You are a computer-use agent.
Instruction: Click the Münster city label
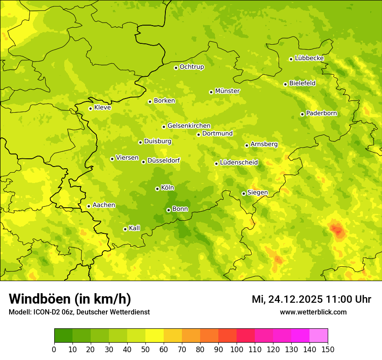pos(227,91)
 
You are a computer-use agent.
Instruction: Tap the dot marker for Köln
pos(157,189)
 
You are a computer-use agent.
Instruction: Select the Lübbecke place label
pos(309,58)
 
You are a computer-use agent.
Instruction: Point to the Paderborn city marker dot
pos(302,114)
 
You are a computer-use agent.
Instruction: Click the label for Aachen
pos(104,205)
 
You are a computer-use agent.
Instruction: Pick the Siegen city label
pos(257,193)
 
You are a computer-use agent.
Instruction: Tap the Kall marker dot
pos(125,229)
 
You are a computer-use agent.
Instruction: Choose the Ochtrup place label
pos(191,67)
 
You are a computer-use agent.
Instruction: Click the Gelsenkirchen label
pos(189,126)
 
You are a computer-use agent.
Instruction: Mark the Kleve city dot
pos(90,108)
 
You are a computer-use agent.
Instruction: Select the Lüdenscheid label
pos(239,163)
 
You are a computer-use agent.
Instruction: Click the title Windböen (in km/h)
pos(70,299)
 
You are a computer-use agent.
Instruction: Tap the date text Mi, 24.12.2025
pos(287,299)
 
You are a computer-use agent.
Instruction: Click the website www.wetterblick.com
pos(313,312)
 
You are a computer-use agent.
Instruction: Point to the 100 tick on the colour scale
pos(237,350)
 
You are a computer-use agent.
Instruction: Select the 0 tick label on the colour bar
pos(54,350)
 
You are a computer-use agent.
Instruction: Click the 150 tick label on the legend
pos(328,350)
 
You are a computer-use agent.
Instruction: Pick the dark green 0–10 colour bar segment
pos(63,336)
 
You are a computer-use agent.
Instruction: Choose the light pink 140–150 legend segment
pos(319,336)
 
